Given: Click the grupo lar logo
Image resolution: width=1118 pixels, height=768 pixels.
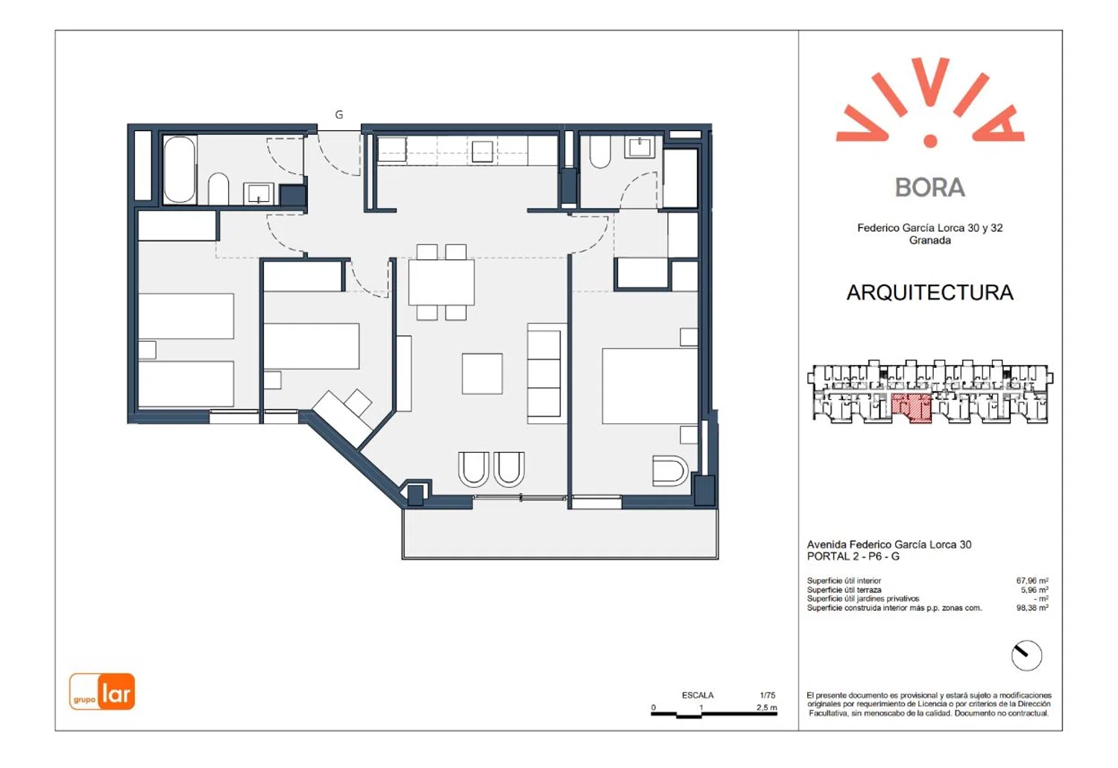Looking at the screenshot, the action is click(102, 691).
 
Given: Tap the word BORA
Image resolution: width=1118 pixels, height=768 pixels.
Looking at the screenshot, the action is click(930, 188).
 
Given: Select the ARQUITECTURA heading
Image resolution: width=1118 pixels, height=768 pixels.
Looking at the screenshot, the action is click(930, 293).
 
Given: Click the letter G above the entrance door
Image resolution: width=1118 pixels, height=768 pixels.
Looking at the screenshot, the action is click(339, 115).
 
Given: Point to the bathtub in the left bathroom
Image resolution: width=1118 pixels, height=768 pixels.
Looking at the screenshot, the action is click(179, 170).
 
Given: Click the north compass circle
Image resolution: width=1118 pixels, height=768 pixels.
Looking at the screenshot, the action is click(1026, 656).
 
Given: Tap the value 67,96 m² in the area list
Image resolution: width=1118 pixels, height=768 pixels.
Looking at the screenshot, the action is click(1032, 580).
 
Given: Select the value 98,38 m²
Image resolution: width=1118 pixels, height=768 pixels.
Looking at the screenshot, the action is click(1032, 607).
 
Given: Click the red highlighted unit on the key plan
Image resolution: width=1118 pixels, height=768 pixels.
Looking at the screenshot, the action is click(912, 407).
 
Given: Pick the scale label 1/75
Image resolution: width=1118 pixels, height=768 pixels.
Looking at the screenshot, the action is click(768, 695).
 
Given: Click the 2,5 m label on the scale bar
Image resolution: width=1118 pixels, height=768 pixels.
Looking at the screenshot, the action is click(767, 707).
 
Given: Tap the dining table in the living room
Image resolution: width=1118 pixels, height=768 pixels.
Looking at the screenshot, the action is click(441, 282).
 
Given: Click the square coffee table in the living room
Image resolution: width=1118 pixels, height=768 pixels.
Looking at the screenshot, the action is click(482, 373).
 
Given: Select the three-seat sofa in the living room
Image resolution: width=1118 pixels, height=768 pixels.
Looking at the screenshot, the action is click(547, 373).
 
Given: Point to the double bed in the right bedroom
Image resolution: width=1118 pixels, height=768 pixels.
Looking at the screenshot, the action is click(650, 386).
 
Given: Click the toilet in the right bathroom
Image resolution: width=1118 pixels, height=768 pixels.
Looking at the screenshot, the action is click(600, 152).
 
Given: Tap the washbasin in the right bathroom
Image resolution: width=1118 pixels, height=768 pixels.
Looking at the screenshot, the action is click(639, 147).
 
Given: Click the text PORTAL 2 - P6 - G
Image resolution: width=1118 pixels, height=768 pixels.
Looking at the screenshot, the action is click(853, 556).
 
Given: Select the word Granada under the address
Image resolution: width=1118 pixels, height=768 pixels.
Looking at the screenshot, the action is click(930, 241).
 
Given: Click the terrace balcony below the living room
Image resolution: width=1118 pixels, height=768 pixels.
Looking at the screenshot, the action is click(560, 533).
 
